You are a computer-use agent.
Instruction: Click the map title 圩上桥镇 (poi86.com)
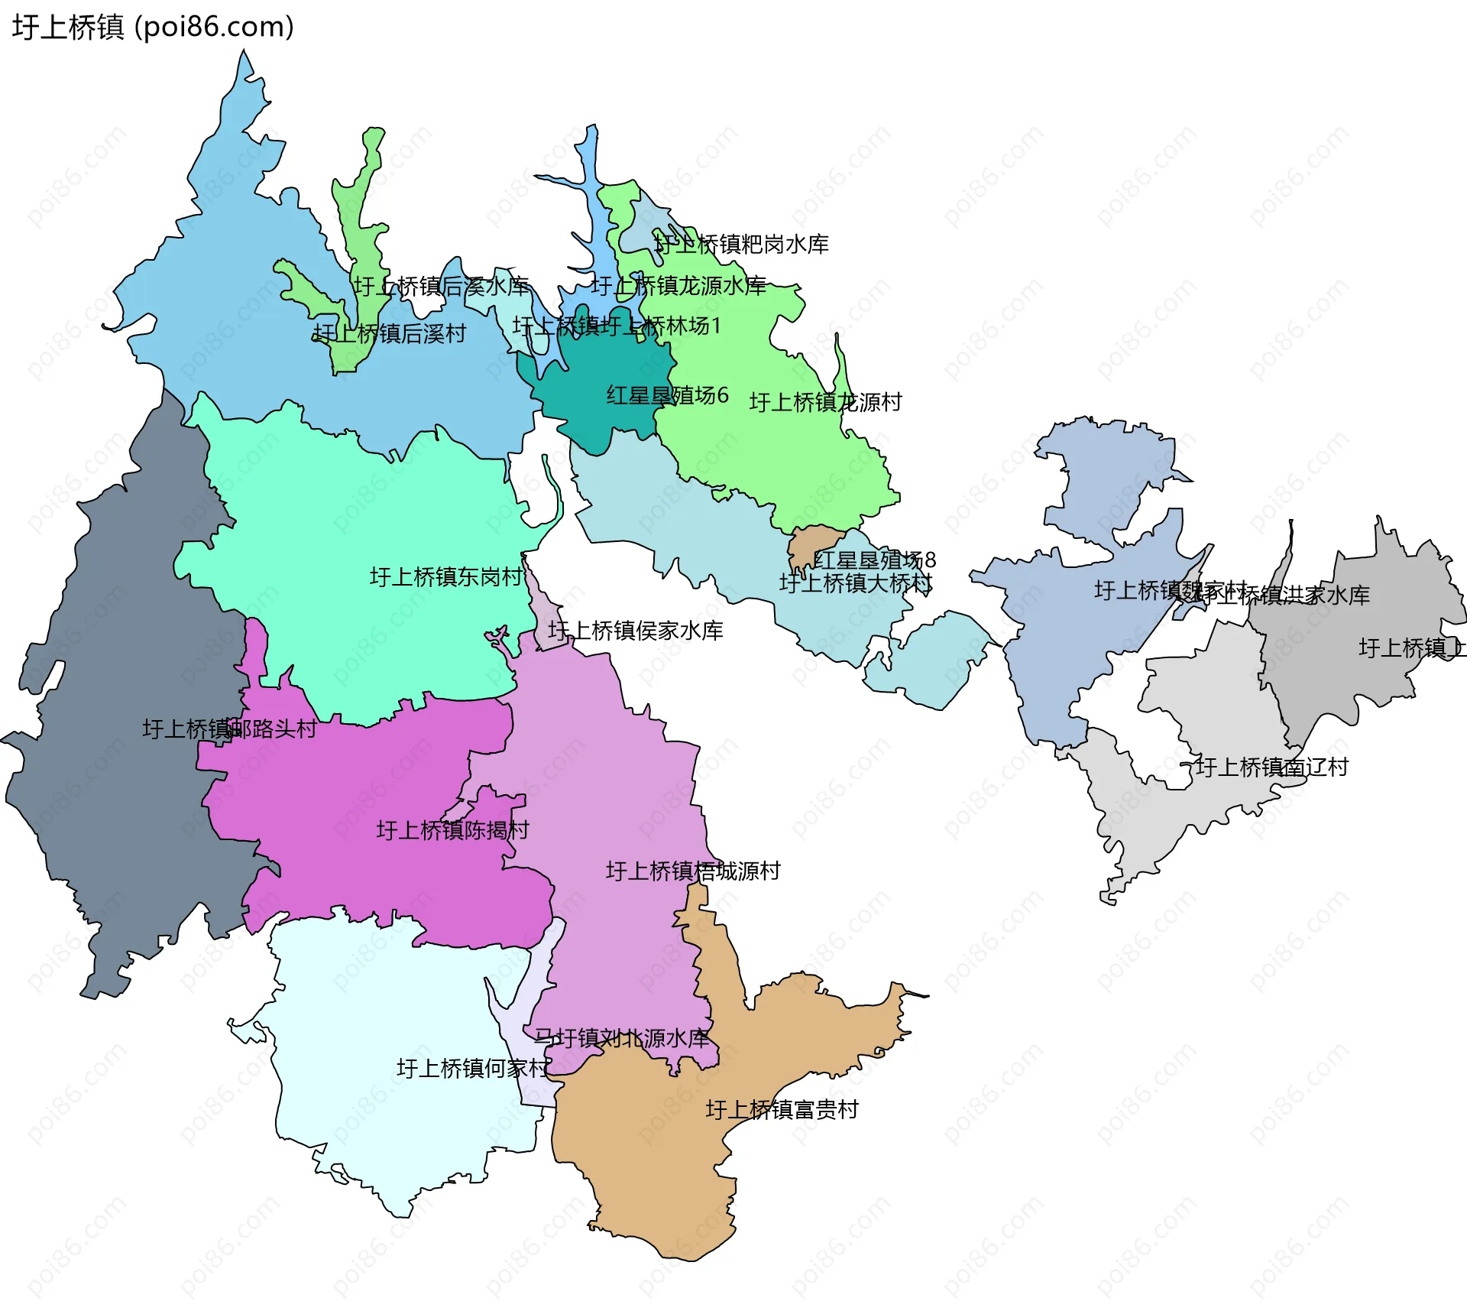click(x=153, y=27)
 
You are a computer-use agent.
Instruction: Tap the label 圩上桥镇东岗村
click(x=446, y=576)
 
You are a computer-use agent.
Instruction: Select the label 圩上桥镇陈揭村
click(x=452, y=830)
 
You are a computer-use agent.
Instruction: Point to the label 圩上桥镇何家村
click(x=472, y=1068)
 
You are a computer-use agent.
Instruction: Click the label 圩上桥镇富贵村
click(x=782, y=1109)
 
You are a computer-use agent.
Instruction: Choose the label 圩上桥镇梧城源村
click(x=693, y=871)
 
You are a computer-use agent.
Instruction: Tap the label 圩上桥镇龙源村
click(x=825, y=402)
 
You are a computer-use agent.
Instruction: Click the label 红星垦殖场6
click(x=667, y=395)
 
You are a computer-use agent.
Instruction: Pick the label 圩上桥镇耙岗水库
click(x=741, y=245)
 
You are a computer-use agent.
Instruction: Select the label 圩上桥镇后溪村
click(x=390, y=333)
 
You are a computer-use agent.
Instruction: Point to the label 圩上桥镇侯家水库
click(x=635, y=631)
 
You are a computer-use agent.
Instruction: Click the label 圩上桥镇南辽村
click(x=1271, y=767)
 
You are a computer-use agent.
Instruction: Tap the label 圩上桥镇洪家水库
click(x=1291, y=595)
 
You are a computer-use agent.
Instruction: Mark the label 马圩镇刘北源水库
click(x=621, y=1038)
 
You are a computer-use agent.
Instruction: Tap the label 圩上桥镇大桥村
click(x=855, y=583)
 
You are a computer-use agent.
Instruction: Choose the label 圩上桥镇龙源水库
click(x=678, y=286)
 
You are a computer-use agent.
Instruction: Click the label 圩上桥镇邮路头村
click(x=229, y=729)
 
